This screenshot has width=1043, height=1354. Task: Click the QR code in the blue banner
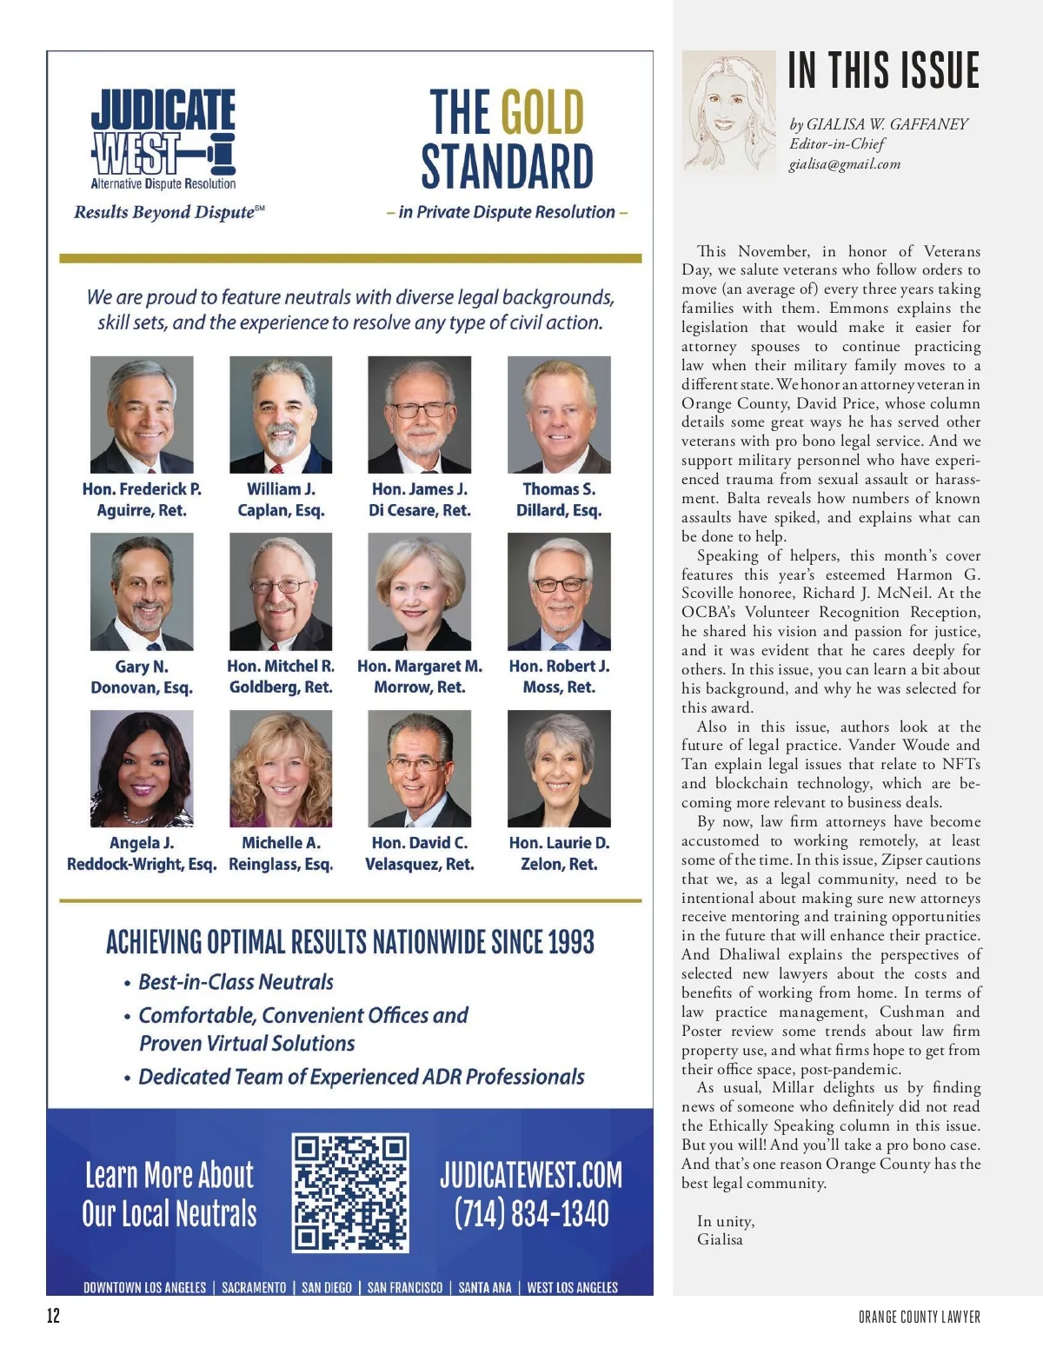pos(350,1191)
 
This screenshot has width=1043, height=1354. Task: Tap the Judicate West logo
pos(163,139)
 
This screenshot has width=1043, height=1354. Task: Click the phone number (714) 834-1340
pos(531,1214)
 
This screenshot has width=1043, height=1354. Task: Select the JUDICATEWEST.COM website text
pos(531,1175)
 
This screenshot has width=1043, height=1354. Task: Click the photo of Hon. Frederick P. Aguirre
pos(142,415)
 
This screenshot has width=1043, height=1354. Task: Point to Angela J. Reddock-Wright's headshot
pos(142,768)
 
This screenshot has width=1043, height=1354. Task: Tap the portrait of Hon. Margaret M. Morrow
pos(419,592)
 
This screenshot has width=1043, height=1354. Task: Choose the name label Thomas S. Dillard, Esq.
pos(559,500)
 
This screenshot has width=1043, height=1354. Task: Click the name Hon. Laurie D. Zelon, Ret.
pos(559,853)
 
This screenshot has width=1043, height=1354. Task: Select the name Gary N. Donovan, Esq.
pos(142,677)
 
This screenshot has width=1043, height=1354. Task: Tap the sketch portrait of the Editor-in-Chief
pos(728,112)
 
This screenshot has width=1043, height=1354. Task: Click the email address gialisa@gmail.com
pos(844,164)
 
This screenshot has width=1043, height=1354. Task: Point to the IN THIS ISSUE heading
pos(883,70)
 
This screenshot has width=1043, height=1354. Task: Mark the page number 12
pos(54,1315)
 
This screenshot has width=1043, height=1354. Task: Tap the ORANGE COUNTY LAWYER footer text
pos(919,1317)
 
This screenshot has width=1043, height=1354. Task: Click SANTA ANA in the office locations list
pos(485,1287)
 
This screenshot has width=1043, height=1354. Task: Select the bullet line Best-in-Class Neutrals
pos(236,982)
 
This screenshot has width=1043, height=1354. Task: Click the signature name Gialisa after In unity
pos(720,1240)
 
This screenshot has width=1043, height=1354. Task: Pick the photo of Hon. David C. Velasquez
pos(419,768)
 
